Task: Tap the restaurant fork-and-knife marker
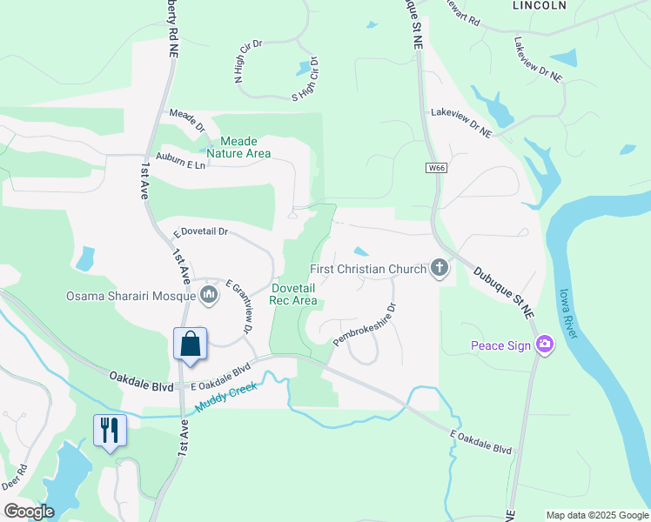click(x=110, y=430)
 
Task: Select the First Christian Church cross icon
click(x=440, y=269)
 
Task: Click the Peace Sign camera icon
click(x=545, y=345)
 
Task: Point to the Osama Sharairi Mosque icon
click(x=208, y=296)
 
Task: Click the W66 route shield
click(x=436, y=167)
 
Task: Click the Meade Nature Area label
click(x=245, y=147)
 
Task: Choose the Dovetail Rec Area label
click(x=293, y=294)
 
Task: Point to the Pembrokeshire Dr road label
click(x=365, y=324)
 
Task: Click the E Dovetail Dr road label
click(x=200, y=232)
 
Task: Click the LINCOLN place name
click(x=540, y=5)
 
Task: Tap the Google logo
click(x=30, y=512)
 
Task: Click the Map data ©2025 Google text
click(x=597, y=515)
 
